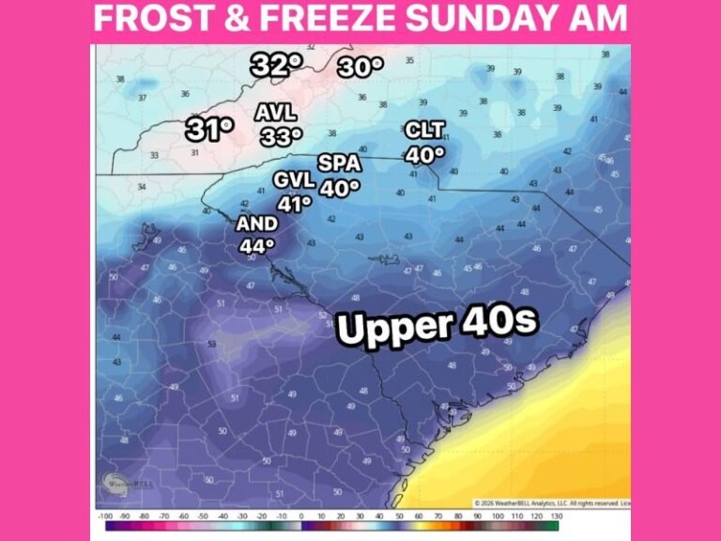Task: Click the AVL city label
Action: (x=276, y=113)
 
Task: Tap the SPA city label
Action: (x=339, y=162)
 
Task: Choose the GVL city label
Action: (x=294, y=179)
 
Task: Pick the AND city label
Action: (x=256, y=224)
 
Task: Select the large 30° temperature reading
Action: (x=360, y=67)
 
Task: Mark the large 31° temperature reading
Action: (x=208, y=129)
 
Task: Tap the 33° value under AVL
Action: (x=281, y=136)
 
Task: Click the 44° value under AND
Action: (x=256, y=246)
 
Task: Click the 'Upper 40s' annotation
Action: (x=437, y=326)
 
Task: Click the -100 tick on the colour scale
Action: (x=104, y=517)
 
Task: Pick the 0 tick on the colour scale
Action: (x=301, y=517)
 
